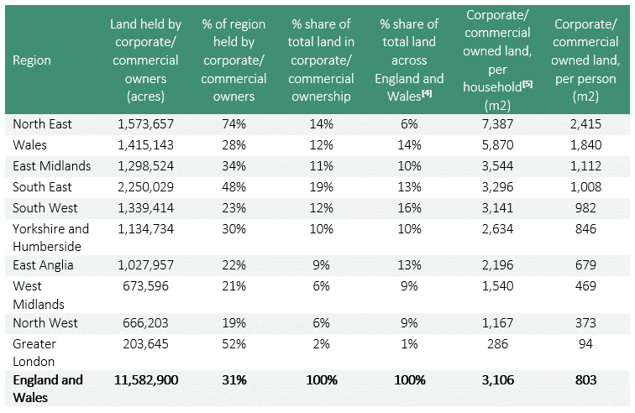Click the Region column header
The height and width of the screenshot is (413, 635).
[32, 60]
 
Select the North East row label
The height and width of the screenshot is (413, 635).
[42, 124]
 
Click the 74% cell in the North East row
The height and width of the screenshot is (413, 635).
[234, 124]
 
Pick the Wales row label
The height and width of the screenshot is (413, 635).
[30, 144]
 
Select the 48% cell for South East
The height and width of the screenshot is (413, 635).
[234, 186]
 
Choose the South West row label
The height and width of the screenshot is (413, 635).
[44, 207]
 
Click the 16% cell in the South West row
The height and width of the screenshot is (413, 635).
[409, 207]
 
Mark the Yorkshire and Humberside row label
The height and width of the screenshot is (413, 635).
[50, 237]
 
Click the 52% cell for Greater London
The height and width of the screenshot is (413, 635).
[234, 344]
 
